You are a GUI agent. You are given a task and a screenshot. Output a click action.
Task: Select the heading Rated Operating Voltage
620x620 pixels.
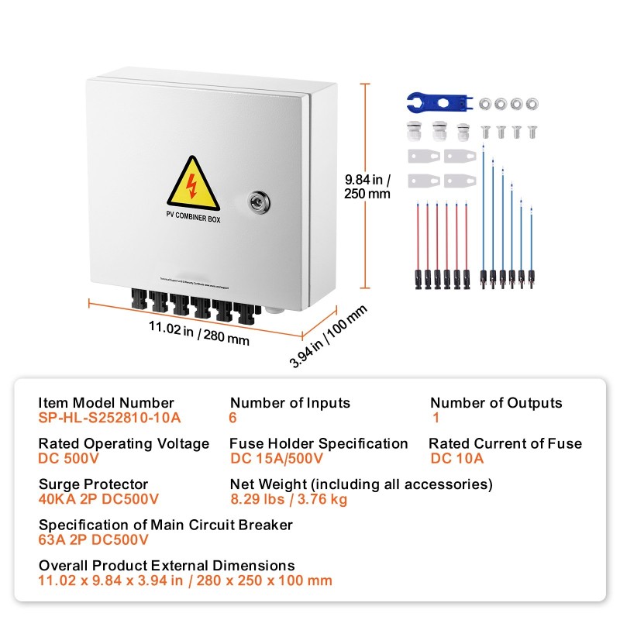[124, 443]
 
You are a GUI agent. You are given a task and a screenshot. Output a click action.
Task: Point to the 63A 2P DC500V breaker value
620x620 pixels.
[93, 539]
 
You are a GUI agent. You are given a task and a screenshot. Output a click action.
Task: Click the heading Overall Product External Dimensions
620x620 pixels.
[167, 566]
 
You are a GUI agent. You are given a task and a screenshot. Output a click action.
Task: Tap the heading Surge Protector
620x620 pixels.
[93, 484]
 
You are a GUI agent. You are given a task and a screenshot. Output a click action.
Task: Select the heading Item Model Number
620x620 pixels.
[106, 403]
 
